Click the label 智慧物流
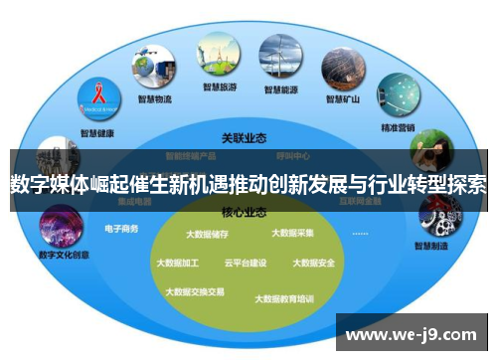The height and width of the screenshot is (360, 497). click(154, 99)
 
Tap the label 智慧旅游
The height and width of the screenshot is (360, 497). click(219, 88)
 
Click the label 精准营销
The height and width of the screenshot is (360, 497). click(399, 128)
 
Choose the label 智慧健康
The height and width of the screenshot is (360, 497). click(97, 133)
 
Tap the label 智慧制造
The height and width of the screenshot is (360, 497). click(433, 245)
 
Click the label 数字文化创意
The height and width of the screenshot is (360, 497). click(64, 255)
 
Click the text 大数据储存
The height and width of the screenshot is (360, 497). click(206, 236)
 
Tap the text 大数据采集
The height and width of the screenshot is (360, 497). click(292, 234)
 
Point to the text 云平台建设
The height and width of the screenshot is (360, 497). click(245, 264)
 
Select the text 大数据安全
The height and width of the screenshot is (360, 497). click(313, 264)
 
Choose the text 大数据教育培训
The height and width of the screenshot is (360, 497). click(283, 297)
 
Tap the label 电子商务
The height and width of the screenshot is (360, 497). click(121, 230)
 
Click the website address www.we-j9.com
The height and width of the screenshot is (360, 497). click(411, 333)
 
